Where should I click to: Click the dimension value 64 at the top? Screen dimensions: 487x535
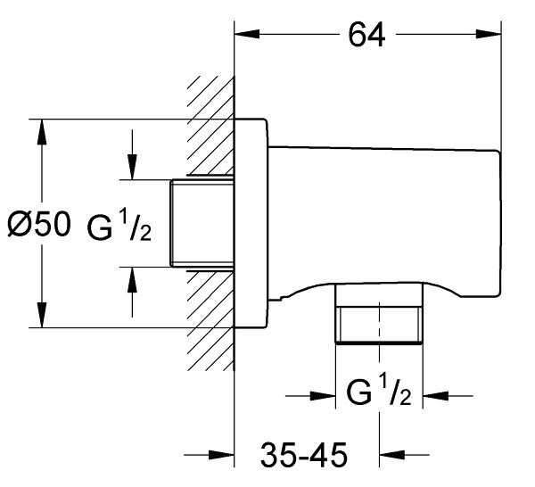coord(366,36)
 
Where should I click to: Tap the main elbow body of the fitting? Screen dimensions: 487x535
coord(383,214)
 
